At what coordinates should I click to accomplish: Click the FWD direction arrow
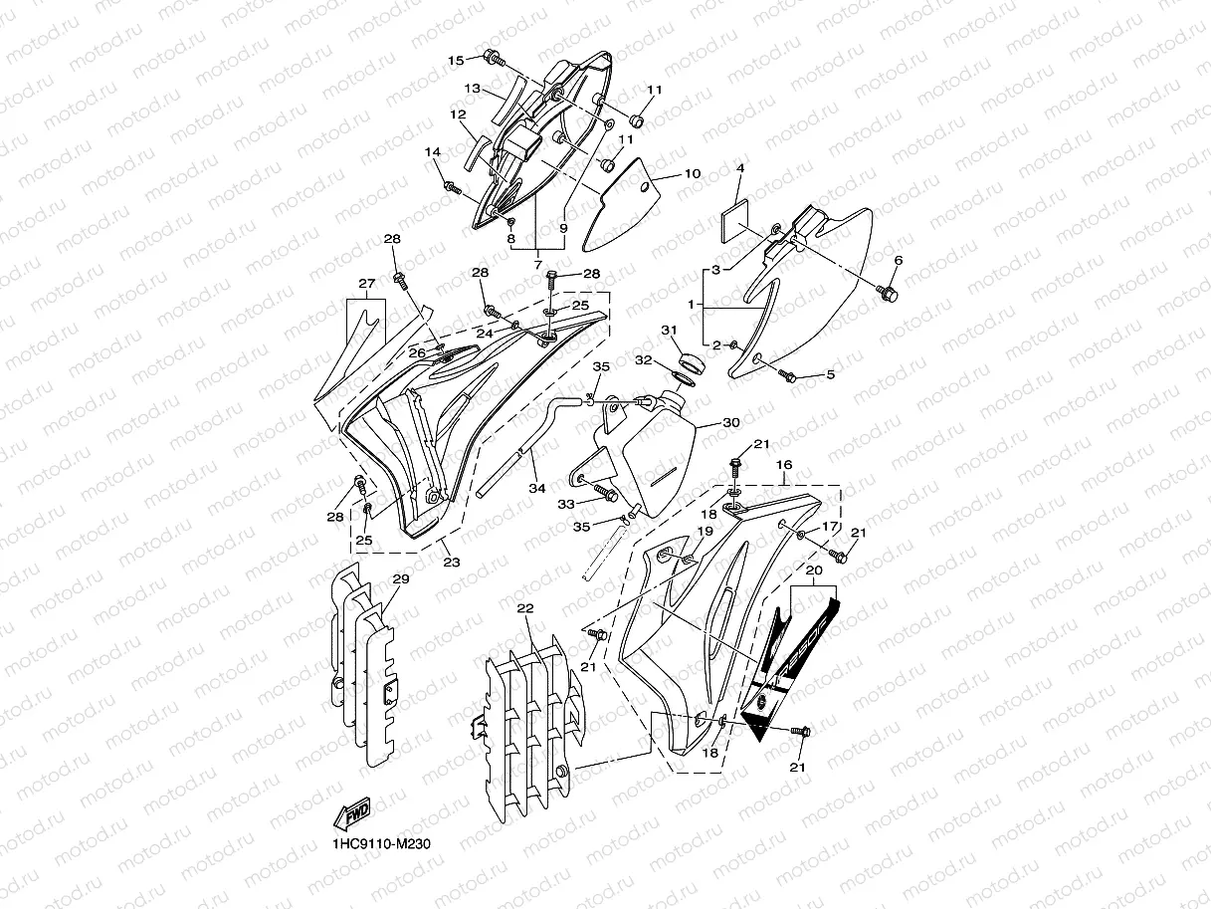(354, 816)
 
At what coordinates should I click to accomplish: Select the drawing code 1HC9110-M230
(382, 844)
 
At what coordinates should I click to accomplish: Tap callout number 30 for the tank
(731, 422)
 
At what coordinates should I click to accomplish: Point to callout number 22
(525, 607)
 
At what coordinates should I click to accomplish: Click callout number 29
(400, 579)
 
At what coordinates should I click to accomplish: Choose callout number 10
(693, 174)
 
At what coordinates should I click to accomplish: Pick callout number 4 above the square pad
(739, 169)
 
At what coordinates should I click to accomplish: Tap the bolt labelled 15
(493, 58)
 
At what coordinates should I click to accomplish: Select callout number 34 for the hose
(537, 488)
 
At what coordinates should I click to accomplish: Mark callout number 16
(784, 465)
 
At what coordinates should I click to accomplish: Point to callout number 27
(366, 284)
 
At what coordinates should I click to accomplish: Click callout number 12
(458, 114)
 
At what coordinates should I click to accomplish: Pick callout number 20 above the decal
(813, 570)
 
